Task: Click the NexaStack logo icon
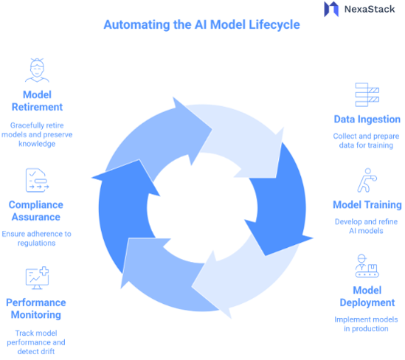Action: coord(330,10)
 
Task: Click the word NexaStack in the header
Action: coord(370,10)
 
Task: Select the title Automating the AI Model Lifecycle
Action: coord(201,24)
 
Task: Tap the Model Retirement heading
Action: coord(36,100)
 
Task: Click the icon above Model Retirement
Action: coord(36,71)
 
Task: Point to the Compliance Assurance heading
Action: coord(36,211)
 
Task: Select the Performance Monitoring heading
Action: coord(36,308)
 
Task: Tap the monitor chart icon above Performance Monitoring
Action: coord(36,278)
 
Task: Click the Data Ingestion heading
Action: coord(367,119)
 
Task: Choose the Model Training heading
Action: coord(367,204)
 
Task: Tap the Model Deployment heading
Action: coord(367,297)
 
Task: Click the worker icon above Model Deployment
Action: coord(367,266)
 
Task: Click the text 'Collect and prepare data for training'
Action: coord(367,142)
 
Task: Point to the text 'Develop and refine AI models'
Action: coord(367,226)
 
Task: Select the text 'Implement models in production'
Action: coord(367,324)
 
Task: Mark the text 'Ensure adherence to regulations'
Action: coord(36,238)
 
